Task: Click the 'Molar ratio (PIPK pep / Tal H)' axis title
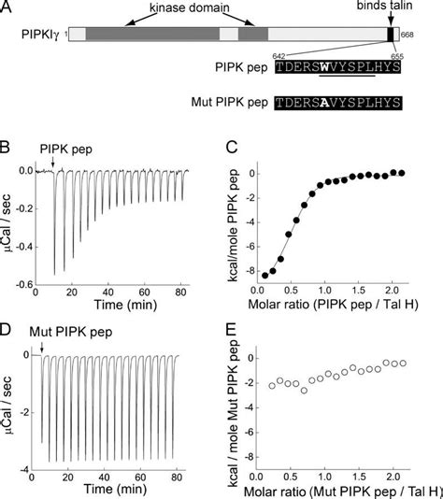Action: click(338, 305)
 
